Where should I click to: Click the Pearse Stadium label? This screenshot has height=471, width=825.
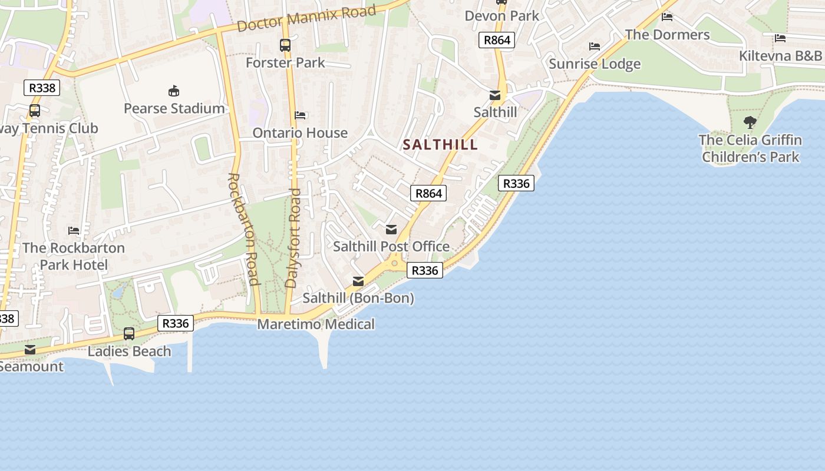174,108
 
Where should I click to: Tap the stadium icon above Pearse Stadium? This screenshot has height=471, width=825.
174,91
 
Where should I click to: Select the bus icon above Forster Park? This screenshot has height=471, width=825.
285,45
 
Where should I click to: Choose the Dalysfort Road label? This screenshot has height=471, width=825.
293,237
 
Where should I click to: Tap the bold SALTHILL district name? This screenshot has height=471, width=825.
440,145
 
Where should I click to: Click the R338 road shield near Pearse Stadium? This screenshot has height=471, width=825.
42,88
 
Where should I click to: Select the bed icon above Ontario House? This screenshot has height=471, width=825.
300,115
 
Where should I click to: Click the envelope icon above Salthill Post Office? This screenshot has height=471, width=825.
391,229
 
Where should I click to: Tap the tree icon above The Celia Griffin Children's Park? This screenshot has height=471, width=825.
750,122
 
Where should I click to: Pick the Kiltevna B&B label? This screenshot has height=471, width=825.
780,56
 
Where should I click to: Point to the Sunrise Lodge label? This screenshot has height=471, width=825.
595,64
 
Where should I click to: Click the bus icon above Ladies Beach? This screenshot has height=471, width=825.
129,334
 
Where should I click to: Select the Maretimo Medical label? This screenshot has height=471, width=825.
316,324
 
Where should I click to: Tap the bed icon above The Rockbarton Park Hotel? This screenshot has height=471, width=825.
74,230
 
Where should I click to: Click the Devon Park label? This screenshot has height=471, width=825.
502,16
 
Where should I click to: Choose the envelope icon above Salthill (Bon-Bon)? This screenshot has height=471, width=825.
358,281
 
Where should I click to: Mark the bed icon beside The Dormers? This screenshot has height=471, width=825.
667,16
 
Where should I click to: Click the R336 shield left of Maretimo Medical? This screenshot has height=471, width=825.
176,323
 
